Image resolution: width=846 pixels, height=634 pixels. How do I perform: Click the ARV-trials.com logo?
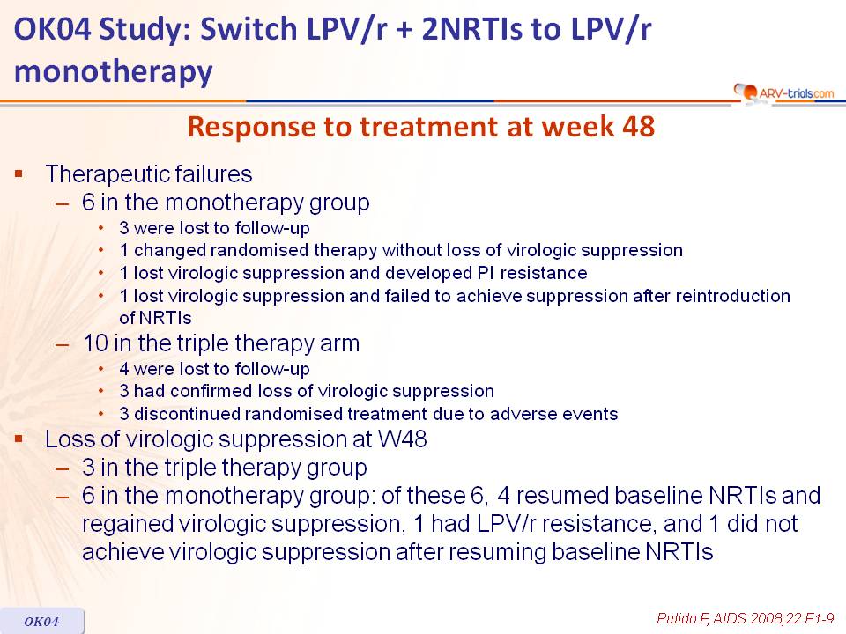783,92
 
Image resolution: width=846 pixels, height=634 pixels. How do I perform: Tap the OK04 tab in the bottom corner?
41,621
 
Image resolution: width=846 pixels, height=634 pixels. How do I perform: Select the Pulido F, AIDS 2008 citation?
746,618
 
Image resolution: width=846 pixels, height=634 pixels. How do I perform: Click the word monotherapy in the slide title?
114,72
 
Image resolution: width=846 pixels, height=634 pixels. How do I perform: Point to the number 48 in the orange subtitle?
638,127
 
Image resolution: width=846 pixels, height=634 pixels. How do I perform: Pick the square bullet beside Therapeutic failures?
19,173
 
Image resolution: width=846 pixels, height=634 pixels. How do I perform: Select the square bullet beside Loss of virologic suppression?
19,439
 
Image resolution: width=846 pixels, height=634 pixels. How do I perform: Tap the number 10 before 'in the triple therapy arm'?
95,343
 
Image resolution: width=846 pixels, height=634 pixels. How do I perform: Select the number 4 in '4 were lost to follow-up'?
124,369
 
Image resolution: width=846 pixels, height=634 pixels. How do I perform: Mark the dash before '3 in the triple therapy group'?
63,468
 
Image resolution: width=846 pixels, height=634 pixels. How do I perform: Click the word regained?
127,525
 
